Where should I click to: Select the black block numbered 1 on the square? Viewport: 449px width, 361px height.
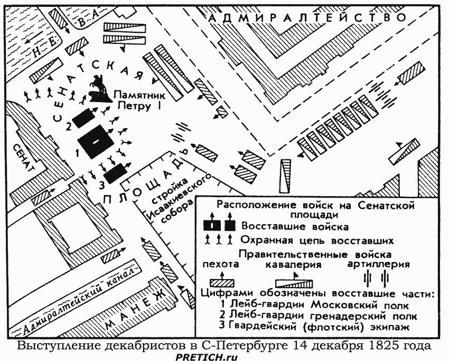coord(96,142)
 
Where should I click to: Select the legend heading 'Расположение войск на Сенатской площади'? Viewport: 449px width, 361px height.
coord(316,209)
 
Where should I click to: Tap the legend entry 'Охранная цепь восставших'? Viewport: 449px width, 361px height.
coord(317,241)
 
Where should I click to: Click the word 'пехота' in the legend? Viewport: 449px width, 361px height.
coord(218,263)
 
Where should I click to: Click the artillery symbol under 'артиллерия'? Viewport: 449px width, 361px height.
coord(376,277)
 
